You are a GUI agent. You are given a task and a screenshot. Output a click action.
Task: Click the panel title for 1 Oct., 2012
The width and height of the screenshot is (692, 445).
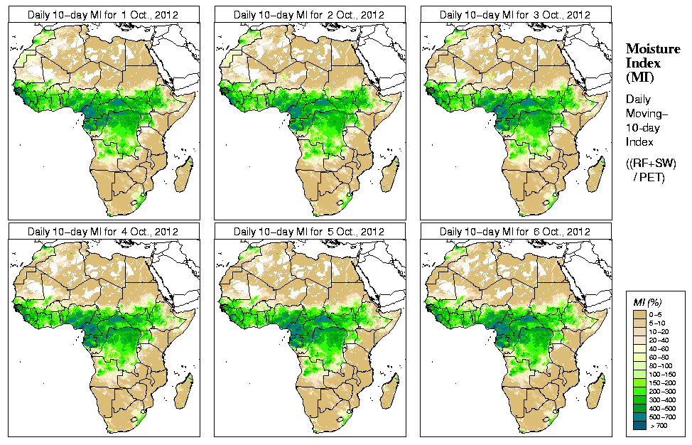coord(103,14)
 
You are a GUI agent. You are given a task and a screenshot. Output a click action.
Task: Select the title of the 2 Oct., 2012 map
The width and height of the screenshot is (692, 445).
coord(309,14)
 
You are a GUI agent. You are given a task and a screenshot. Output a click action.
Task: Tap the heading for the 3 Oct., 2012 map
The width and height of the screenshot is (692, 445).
coord(515,14)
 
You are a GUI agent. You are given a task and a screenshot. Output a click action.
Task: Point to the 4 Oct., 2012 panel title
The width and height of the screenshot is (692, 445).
coord(103,232)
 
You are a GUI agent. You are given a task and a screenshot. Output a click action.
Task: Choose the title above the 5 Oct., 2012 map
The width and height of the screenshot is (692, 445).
coord(309,232)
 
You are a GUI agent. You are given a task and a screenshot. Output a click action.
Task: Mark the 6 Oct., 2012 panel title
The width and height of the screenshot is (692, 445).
coord(515,232)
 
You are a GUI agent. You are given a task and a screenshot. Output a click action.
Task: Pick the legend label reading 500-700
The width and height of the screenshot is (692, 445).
coord(663,417)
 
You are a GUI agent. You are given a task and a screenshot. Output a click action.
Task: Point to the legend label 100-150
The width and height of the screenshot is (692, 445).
coord(663,373)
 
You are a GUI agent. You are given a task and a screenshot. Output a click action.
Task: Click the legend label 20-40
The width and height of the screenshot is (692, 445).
coord(663,339)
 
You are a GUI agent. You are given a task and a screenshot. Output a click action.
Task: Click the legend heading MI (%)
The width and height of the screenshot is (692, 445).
coord(647,303)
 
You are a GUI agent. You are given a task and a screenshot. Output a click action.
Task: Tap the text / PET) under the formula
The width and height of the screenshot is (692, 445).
coord(649,178)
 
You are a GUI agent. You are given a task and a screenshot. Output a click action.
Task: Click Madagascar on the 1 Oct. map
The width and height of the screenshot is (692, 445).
coord(184,175)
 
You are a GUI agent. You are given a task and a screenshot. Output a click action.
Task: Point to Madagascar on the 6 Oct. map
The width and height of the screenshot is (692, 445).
coord(596,392)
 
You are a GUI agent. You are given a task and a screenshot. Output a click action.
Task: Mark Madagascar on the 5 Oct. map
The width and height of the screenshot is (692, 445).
coord(390,392)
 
